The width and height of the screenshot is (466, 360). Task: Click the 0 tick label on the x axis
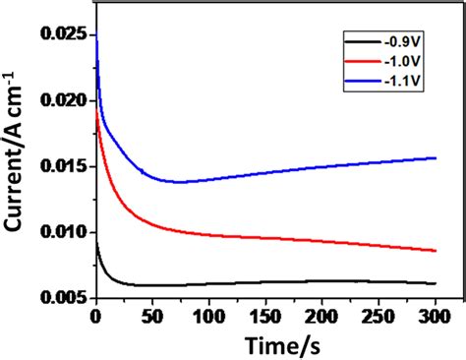95,316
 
